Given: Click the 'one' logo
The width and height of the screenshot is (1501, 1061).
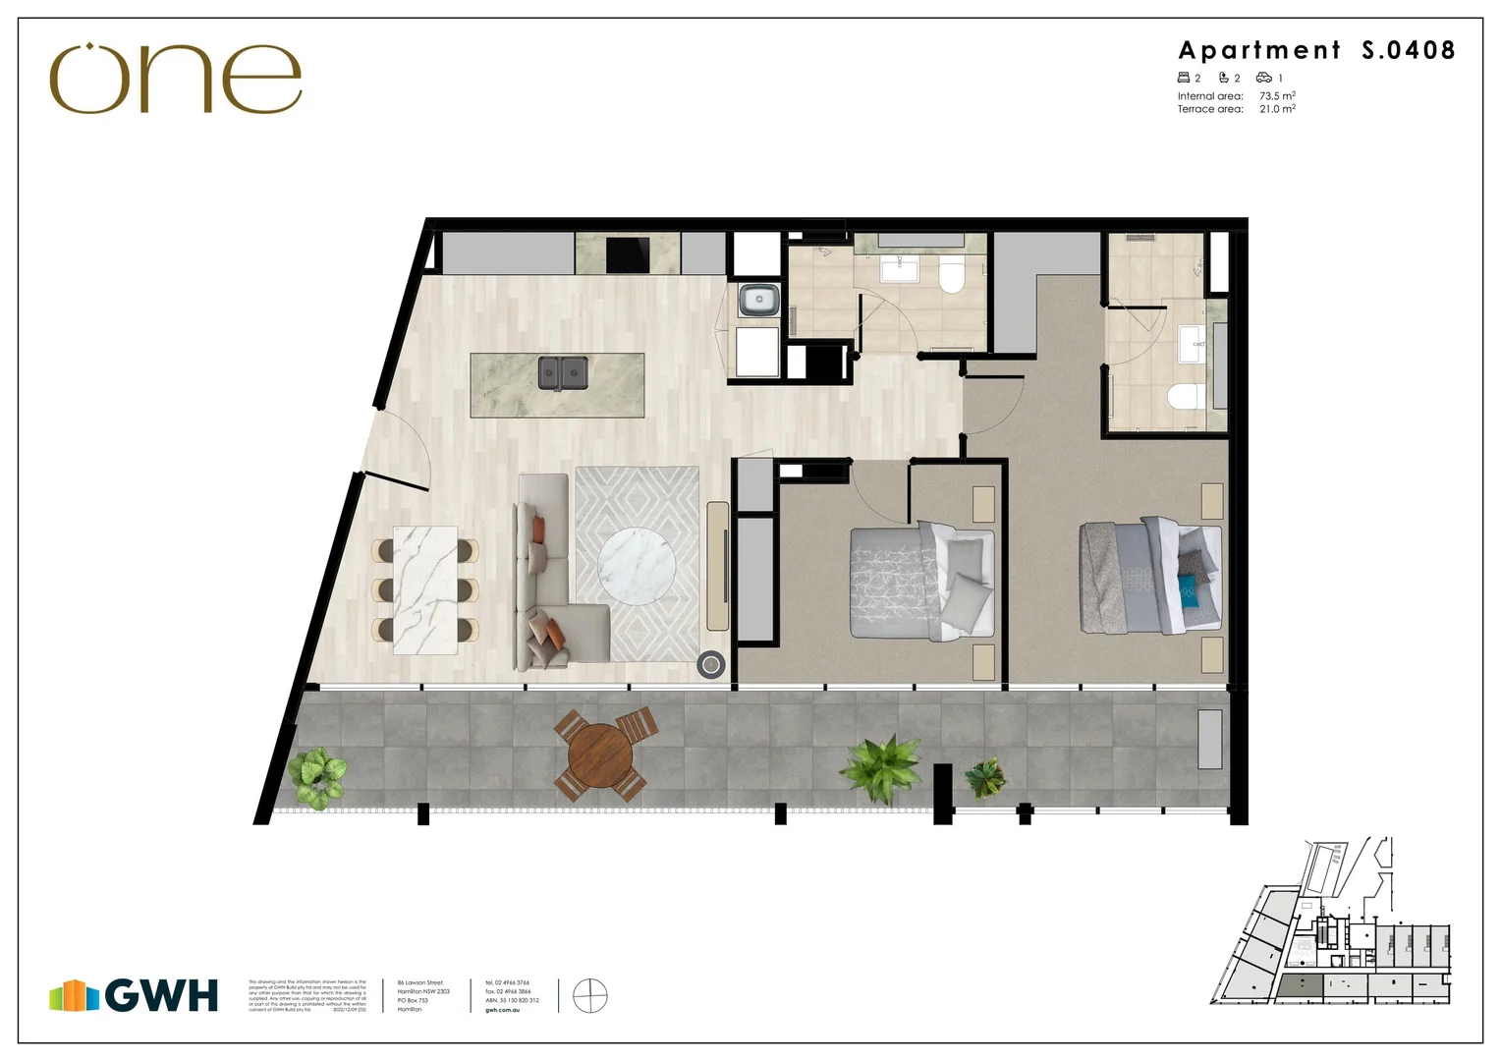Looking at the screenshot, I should tap(175, 79).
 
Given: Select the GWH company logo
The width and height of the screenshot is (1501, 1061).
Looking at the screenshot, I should tap(135, 995).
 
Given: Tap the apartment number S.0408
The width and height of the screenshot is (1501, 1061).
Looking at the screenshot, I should tap(1408, 50).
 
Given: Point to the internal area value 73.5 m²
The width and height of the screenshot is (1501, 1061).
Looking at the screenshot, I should tap(1277, 96).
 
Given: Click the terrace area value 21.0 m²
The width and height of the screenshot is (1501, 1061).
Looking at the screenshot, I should tap(1277, 109).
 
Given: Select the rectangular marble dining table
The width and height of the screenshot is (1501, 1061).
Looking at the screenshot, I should tap(425, 590).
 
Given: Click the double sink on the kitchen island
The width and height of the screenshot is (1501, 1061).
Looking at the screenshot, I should tap(562, 373).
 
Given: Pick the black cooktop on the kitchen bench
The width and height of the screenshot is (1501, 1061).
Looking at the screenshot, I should tap(629, 255).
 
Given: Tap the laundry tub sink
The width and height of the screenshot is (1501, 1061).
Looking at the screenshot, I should tap(758, 300).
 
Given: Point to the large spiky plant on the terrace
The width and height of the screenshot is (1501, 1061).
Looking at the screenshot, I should tap(882, 766).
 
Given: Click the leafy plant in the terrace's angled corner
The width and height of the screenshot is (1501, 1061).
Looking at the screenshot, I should tap(317, 776).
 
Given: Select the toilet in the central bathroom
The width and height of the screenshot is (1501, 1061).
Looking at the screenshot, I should tap(952, 276).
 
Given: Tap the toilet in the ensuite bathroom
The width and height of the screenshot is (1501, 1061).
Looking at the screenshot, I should tap(1185, 399).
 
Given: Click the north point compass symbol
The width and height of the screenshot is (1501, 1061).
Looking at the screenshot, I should tap(589, 995).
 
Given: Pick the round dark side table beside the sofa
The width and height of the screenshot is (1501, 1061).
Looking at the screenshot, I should tap(711, 665).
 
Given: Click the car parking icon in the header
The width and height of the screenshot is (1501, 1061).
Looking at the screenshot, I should tap(1264, 78).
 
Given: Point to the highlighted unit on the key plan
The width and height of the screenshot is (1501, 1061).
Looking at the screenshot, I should tap(1299, 985).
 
